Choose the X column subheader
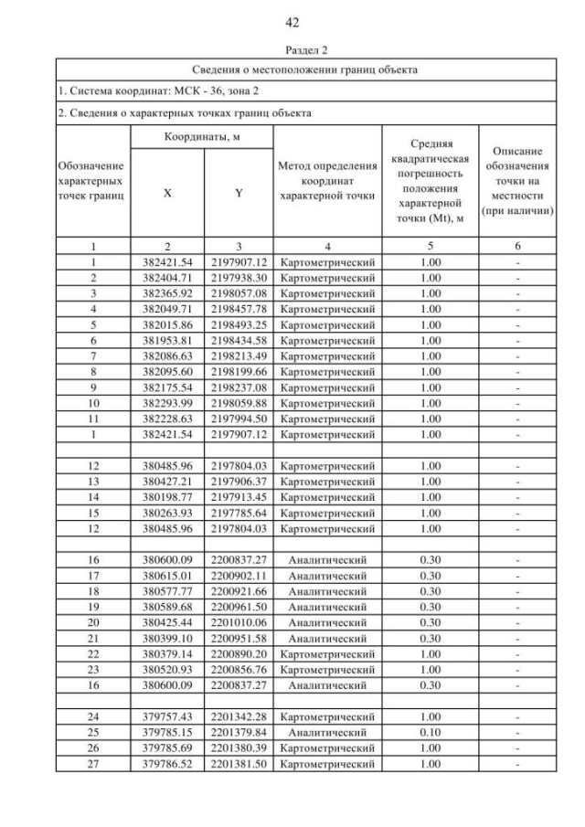[167, 194]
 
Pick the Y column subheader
[239, 194]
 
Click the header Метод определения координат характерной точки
[327, 180]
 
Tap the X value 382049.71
[167, 309]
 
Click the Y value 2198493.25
[239, 324]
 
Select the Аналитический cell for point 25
[327, 733]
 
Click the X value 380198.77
[167, 496]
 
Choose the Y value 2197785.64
[239, 512]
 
